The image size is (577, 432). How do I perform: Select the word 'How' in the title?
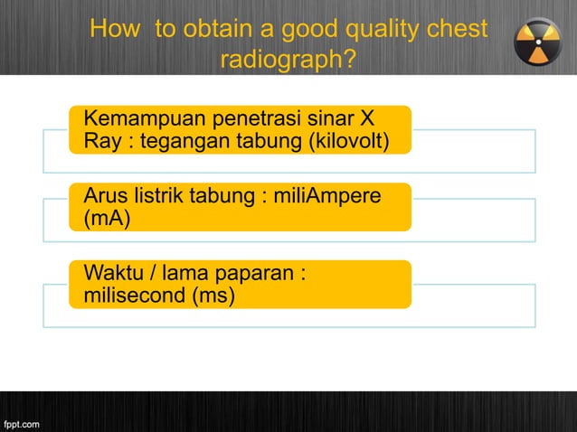point(115,31)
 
